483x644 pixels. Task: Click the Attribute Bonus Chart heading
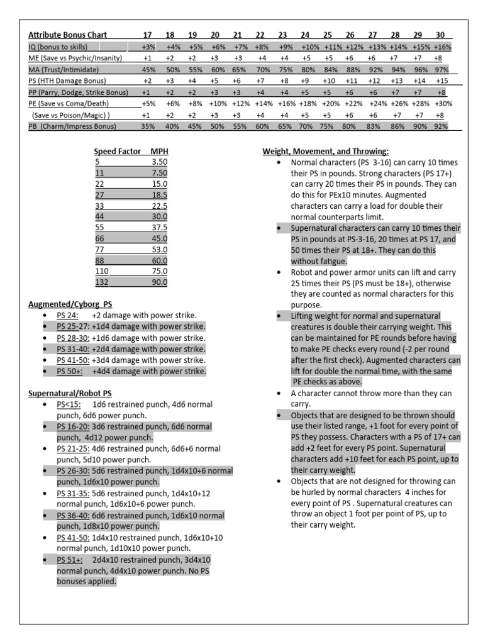[67, 35]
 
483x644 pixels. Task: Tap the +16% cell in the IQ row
[442, 47]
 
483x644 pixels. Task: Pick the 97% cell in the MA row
[442, 69]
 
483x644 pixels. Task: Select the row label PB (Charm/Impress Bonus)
[73, 126]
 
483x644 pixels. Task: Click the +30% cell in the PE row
[442, 103]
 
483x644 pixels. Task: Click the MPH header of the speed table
[159, 152]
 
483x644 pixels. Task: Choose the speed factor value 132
[101, 282]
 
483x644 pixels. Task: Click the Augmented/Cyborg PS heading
[70, 304]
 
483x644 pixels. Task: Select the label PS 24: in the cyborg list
[67, 315]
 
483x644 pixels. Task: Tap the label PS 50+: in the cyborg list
[69, 372]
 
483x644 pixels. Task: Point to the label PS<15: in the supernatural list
[69, 403]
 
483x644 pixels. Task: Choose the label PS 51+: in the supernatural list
[69, 560]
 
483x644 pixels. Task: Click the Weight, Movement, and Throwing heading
[325, 152]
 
